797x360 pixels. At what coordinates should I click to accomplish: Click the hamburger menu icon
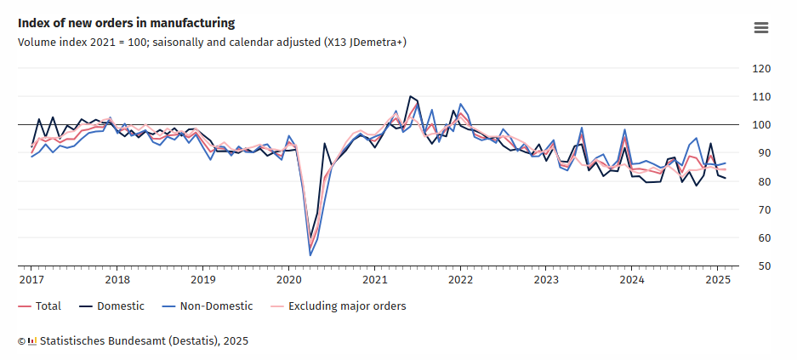click(761, 27)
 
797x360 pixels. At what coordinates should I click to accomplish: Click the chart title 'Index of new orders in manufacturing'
click(126, 23)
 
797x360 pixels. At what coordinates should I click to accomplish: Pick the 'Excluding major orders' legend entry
click(338, 306)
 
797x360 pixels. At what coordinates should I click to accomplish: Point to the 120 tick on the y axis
click(761, 69)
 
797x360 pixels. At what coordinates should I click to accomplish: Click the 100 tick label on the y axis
click(761, 125)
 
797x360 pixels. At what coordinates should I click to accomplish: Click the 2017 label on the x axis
click(31, 279)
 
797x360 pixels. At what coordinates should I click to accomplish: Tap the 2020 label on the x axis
click(288, 279)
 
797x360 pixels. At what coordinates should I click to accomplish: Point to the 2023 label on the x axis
click(545, 279)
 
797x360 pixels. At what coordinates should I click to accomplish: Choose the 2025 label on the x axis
click(716, 279)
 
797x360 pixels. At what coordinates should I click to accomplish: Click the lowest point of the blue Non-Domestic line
click(310, 255)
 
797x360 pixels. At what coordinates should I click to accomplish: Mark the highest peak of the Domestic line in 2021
click(410, 96)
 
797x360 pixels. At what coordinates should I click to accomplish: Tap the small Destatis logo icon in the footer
click(32, 341)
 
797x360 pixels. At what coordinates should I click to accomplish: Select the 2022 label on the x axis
click(459, 279)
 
